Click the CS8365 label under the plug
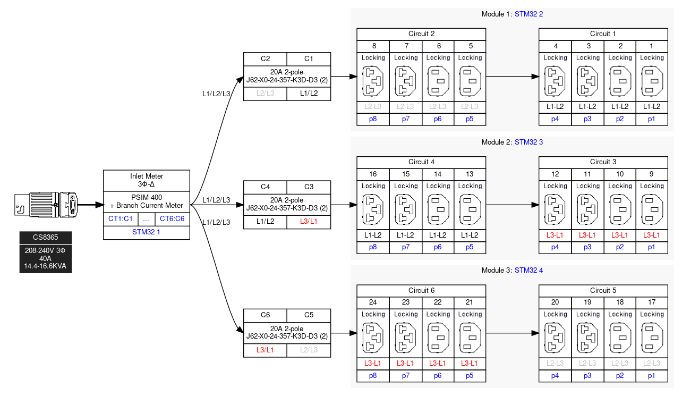pyautogui.click(x=46, y=237)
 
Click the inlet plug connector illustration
pyautogui.click(x=46, y=205)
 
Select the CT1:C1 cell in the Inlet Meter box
pyautogui.click(x=121, y=218)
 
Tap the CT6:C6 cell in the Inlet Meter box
pyautogui.click(x=172, y=218)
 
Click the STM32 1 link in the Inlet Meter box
pyautogui.click(x=146, y=232)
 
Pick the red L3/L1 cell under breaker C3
pyautogui.click(x=309, y=222)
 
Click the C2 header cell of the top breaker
pyautogui.click(x=265, y=59)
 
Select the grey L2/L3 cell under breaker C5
pyautogui.click(x=309, y=350)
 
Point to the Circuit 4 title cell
pyautogui.click(x=421, y=162)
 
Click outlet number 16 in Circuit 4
pyautogui.click(x=373, y=174)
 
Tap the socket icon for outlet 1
pyautogui.click(x=652, y=81)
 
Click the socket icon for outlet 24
pyautogui.click(x=373, y=338)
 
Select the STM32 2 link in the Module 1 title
pyautogui.click(x=529, y=14)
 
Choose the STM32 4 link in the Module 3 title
pyautogui.click(x=529, y=271)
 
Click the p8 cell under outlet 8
pyautogui.click(x=373, y=119)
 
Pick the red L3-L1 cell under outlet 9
pyautogui.click(x=652, y=235)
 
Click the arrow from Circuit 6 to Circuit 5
pyautogui.click(x=513, y=333)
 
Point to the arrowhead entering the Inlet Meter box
pyautogui.click(x=99, y=205)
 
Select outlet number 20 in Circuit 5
pyautogui.click(x=555, y=302)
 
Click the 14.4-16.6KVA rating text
pyautogui.click(x=45, y=266)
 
